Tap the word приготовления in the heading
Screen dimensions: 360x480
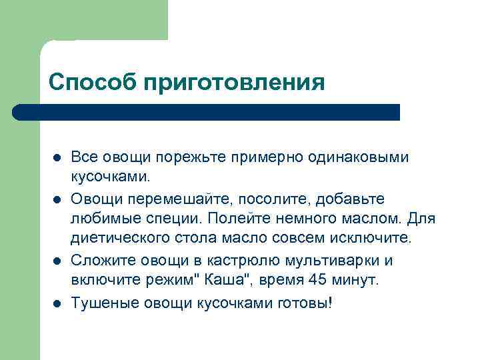coord(234,83)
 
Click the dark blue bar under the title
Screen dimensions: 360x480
coord(207,112)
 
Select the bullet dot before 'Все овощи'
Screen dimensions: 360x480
coord(57,159)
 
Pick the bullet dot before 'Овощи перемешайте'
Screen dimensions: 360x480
coord(57,199)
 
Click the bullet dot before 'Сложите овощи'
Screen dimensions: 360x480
coord(57,261)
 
